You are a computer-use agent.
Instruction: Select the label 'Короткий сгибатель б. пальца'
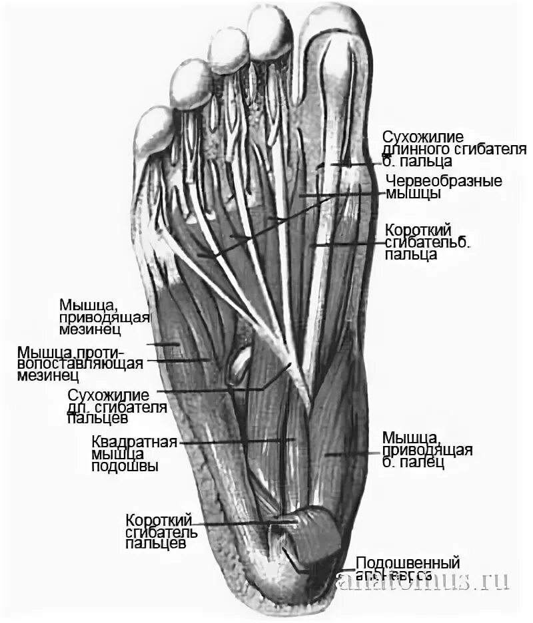[428, 241]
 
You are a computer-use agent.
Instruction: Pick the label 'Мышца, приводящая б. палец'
[427, 450]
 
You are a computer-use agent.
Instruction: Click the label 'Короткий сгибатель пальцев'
[159, 531]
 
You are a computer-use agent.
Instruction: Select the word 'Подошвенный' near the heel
[408, 563]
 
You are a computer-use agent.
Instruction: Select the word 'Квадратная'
[134, 442]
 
